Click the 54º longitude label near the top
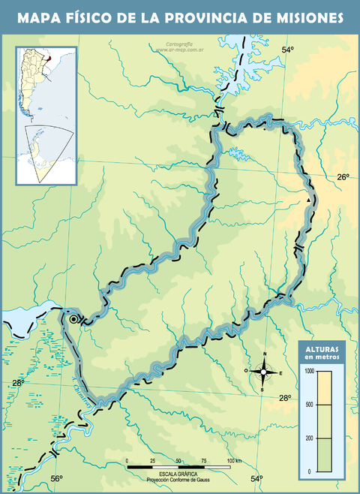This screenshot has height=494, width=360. pos(288,50)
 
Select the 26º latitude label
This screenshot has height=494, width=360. pos(343,177)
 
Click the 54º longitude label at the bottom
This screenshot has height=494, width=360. pos(257,478)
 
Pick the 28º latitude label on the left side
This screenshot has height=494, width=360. pos(18,383)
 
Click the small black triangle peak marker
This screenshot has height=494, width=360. pos(308,200)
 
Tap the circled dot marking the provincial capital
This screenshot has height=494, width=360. pos(73,319)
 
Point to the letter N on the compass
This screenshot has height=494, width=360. pos(264,354)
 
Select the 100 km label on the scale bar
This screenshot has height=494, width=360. pos(233,460)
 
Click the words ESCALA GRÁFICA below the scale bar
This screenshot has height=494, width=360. pos(178,474)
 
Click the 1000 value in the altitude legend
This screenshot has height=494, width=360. pos(310,371)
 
